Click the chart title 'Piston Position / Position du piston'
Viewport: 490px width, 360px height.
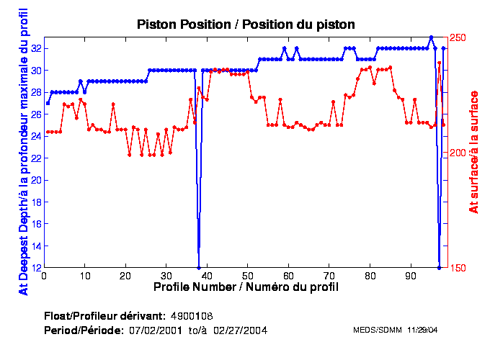[x=246, y=24]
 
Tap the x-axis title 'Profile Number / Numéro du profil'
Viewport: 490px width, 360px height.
[x=246, y=287]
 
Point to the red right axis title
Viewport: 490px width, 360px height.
[x=473, y=152]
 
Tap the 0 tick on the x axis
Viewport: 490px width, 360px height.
[x=45, y=275]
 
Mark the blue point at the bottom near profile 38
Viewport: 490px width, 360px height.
[x=199, y=267]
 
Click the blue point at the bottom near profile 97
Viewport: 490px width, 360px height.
[x=439, y=267]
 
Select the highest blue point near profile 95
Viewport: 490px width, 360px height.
[x=431, y=37]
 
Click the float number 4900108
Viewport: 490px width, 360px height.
[x=191, y=317]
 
